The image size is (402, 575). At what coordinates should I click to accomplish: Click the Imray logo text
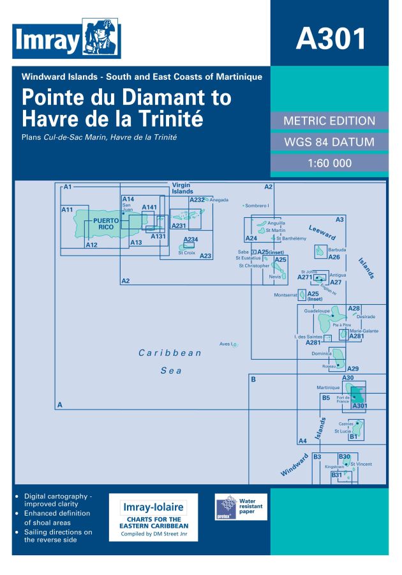click(x=46, y=41)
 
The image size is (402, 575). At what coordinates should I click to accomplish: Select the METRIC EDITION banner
click(x=329, y=121)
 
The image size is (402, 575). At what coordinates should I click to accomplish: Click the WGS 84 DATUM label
click(x=329, y=142)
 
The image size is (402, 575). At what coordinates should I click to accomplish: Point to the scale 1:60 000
click(x=329, y=163)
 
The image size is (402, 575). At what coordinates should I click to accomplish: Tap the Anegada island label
click(x=219, y=200)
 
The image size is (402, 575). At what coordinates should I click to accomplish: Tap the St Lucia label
click(x=343, y=431)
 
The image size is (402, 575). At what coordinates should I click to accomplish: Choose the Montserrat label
click(x=285, y=295)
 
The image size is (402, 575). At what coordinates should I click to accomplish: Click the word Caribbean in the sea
click(x=170, y=353)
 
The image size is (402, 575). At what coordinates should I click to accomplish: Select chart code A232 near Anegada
click(x=197, y=200)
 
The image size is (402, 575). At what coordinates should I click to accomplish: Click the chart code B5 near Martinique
click(x=325, y=397)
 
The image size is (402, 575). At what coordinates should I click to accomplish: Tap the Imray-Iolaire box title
click(x=154, y=507)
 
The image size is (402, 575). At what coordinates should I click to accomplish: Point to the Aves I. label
click(x=225, y=344)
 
